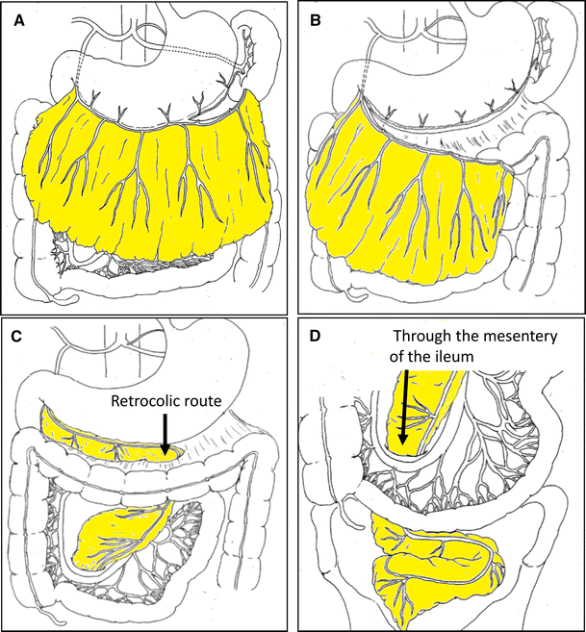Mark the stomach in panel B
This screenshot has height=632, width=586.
tap(443, 77)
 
